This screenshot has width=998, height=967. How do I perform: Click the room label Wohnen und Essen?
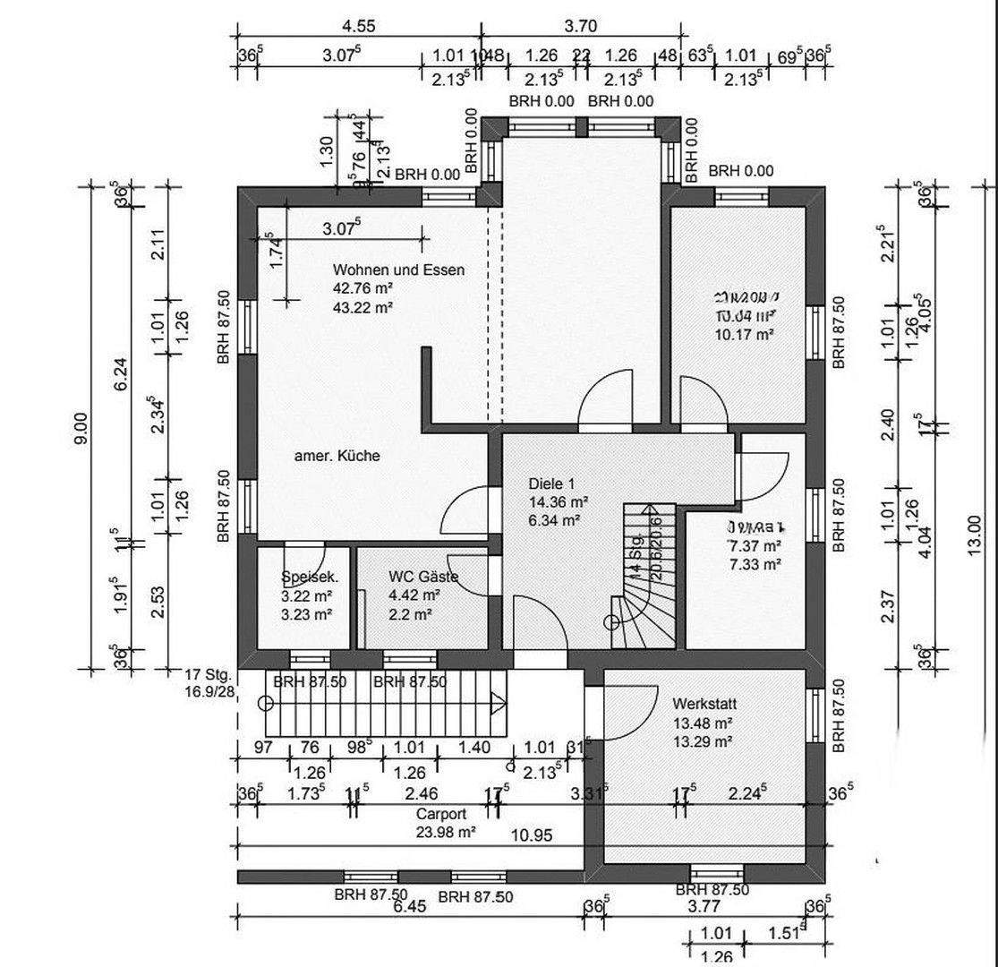398,270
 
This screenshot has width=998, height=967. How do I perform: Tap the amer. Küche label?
337,456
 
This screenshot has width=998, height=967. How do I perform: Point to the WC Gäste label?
423,577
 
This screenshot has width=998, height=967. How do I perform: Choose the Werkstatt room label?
704,705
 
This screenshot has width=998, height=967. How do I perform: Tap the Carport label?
441,815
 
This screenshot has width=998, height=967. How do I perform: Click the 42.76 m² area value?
363,288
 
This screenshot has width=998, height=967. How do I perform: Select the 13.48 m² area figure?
704,723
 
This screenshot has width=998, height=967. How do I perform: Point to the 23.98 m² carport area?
445,831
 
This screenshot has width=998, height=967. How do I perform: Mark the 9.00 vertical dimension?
81,428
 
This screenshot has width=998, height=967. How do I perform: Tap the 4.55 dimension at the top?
358,26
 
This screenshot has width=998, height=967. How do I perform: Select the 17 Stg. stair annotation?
209,674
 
